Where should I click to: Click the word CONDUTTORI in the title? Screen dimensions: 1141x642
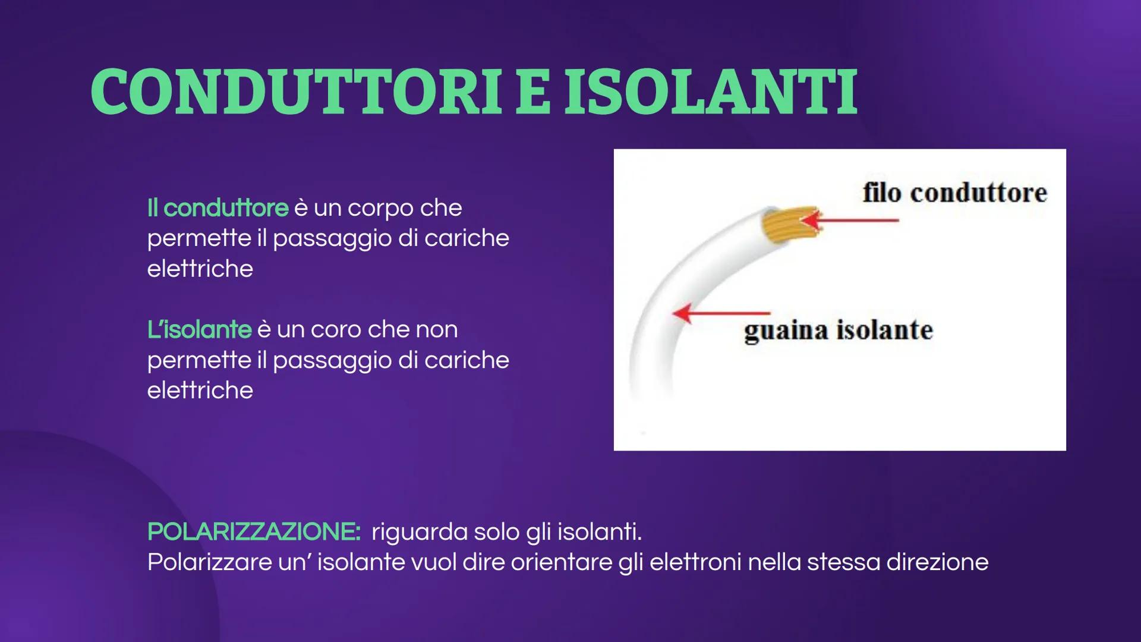pos(297,92)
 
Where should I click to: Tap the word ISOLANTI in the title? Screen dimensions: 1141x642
pos(711,92)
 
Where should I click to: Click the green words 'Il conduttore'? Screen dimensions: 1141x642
pos(218,208)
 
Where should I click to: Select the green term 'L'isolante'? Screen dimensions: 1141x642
pos(200,329)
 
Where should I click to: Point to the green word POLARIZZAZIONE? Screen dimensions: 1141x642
pos(254,531)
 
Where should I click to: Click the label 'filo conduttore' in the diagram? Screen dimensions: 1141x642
pos(954,193)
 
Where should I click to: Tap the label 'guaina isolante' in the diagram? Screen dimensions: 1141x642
pos(839,331)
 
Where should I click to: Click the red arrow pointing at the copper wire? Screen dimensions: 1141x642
pos(850,221)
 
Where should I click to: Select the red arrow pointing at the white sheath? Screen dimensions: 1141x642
pos(721,313)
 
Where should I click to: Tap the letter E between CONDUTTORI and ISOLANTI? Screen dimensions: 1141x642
pos(534,92)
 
